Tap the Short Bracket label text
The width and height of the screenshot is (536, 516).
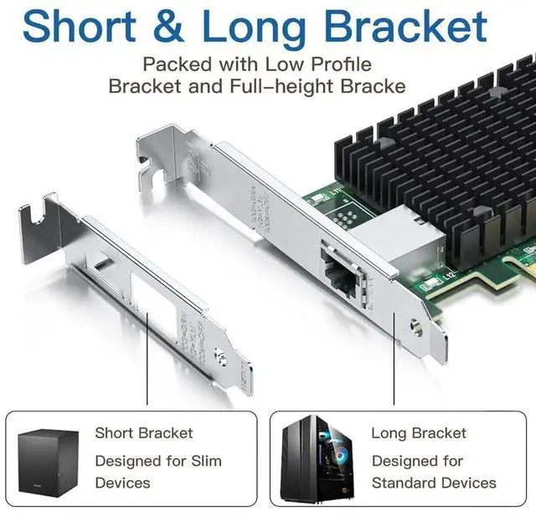pos(143,433)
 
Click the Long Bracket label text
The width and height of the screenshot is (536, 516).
pos(419,433)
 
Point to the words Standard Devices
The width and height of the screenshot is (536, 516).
pos(434,483)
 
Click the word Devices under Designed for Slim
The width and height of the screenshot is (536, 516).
pos(122,483)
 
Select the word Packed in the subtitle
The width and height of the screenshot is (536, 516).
pos(170,64)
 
